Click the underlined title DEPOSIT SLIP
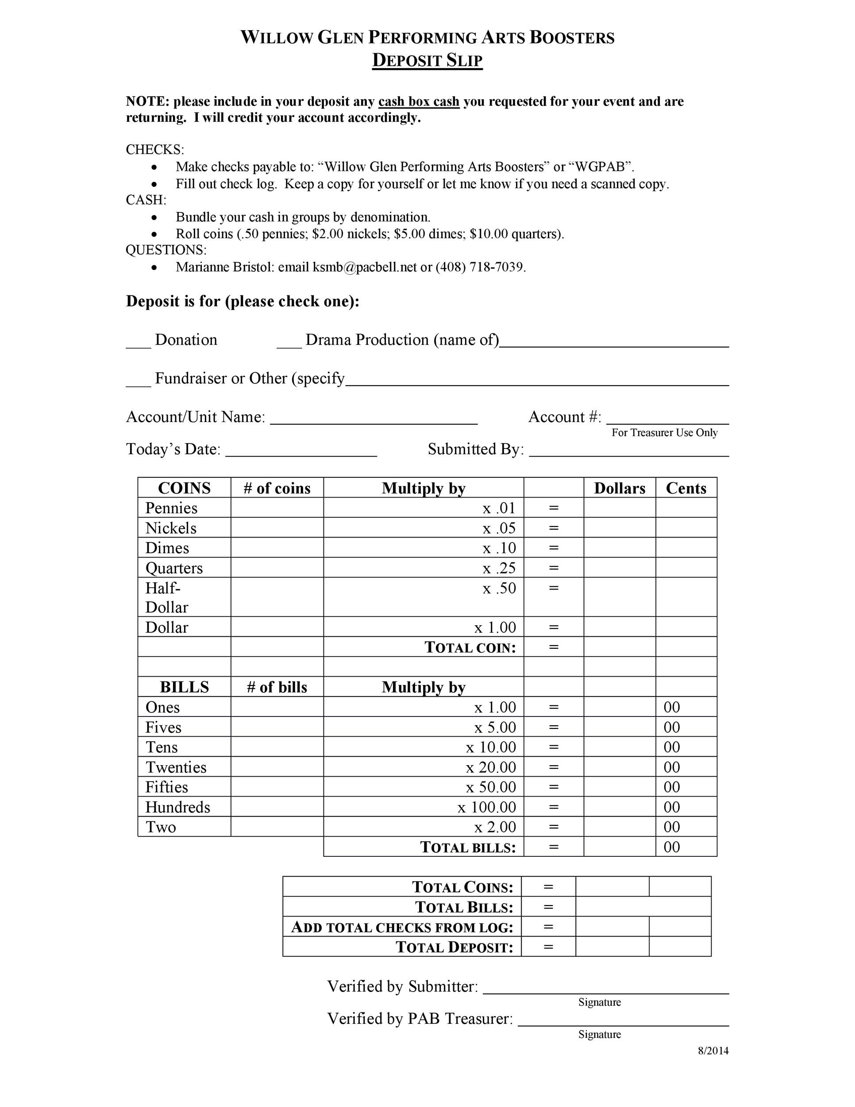[427, 60]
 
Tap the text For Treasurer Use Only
[664, 432]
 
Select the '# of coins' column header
[277, 488]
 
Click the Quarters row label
[174, 568]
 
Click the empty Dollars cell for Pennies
[619, 507]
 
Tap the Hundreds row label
[177, 806]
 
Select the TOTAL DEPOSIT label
[454, 947]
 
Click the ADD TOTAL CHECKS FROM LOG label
[402, 927]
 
